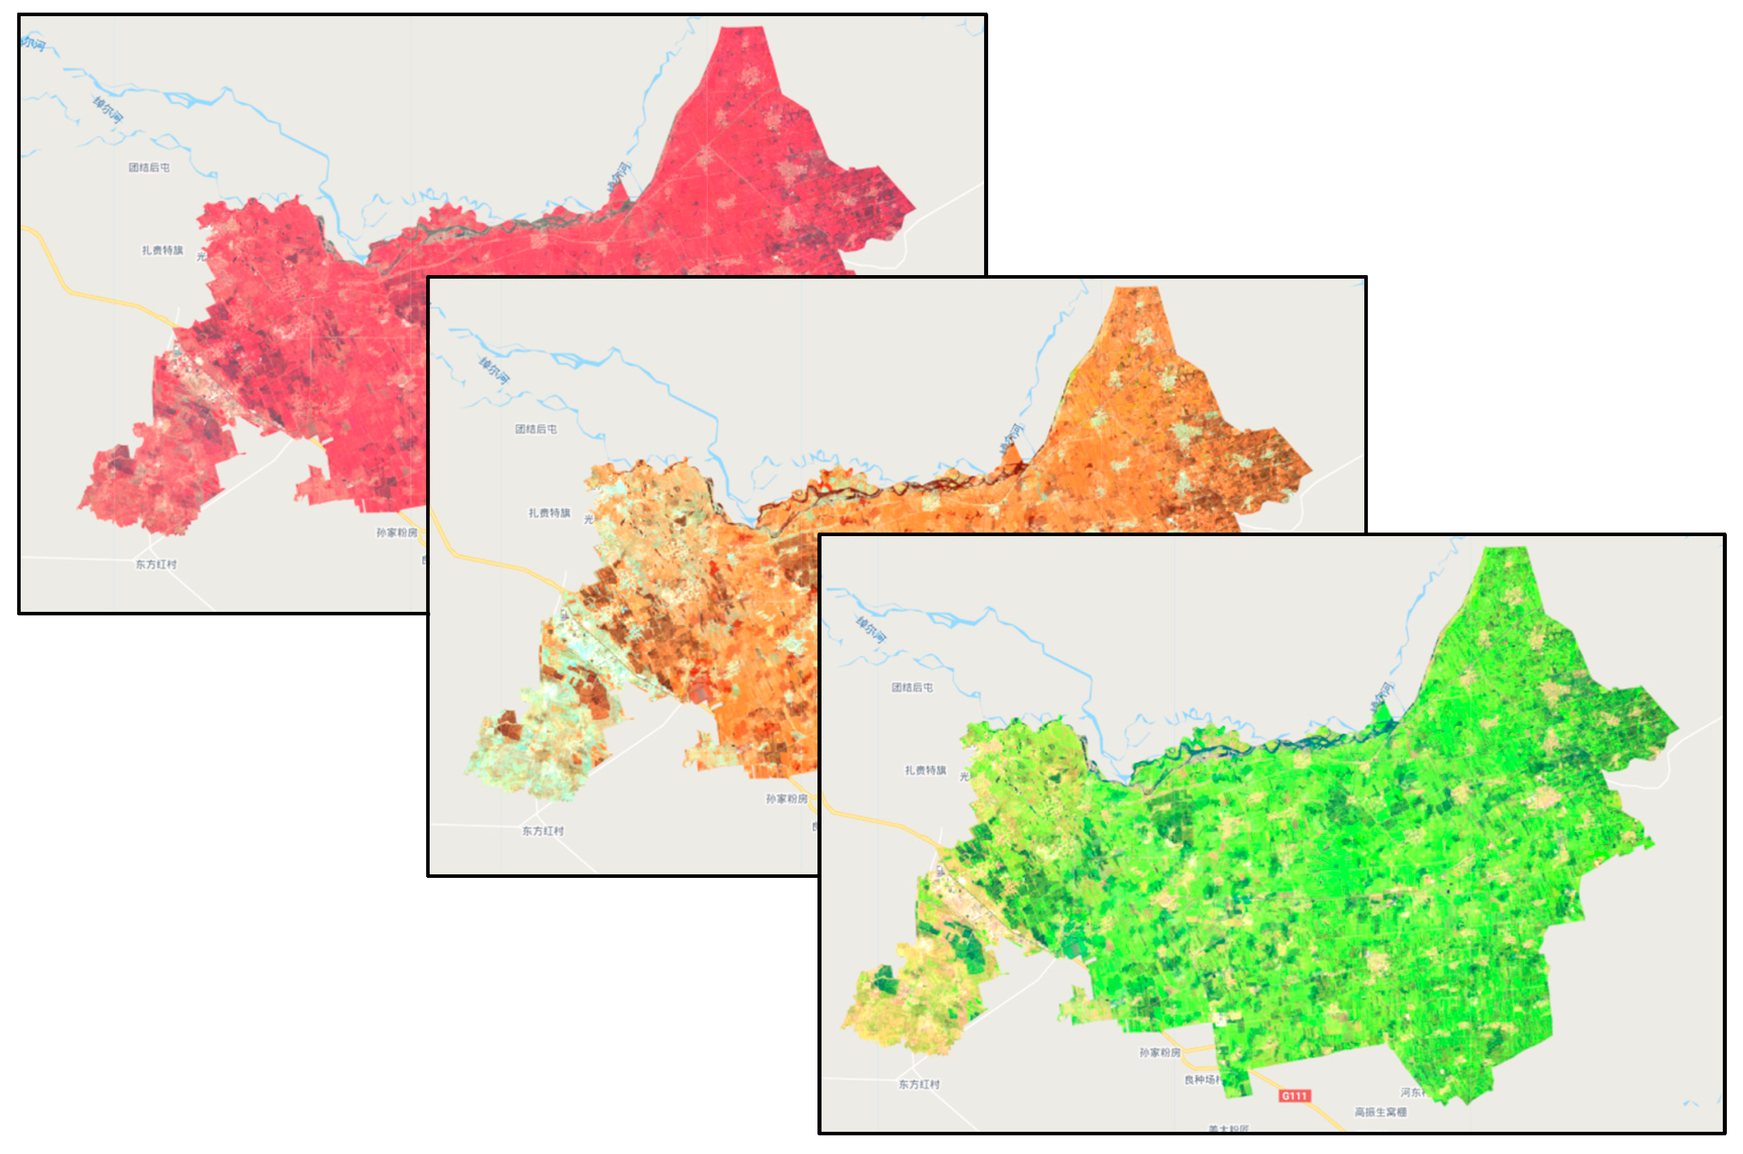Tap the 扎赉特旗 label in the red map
pos(162,250)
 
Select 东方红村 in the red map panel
pos(156,564)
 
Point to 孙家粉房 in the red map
pos(397,532)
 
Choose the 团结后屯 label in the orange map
pos(536,429)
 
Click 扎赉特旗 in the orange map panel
pos(549,513)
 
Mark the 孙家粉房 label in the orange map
pos(786,799)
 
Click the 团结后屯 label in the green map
pos(912,688)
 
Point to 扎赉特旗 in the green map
pos(925,770)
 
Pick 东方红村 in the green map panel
pos(918,1084)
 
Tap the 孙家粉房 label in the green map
pos(1160,1053)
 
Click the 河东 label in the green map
pos(1411,1092)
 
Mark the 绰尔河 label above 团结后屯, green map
pos(871,630)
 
